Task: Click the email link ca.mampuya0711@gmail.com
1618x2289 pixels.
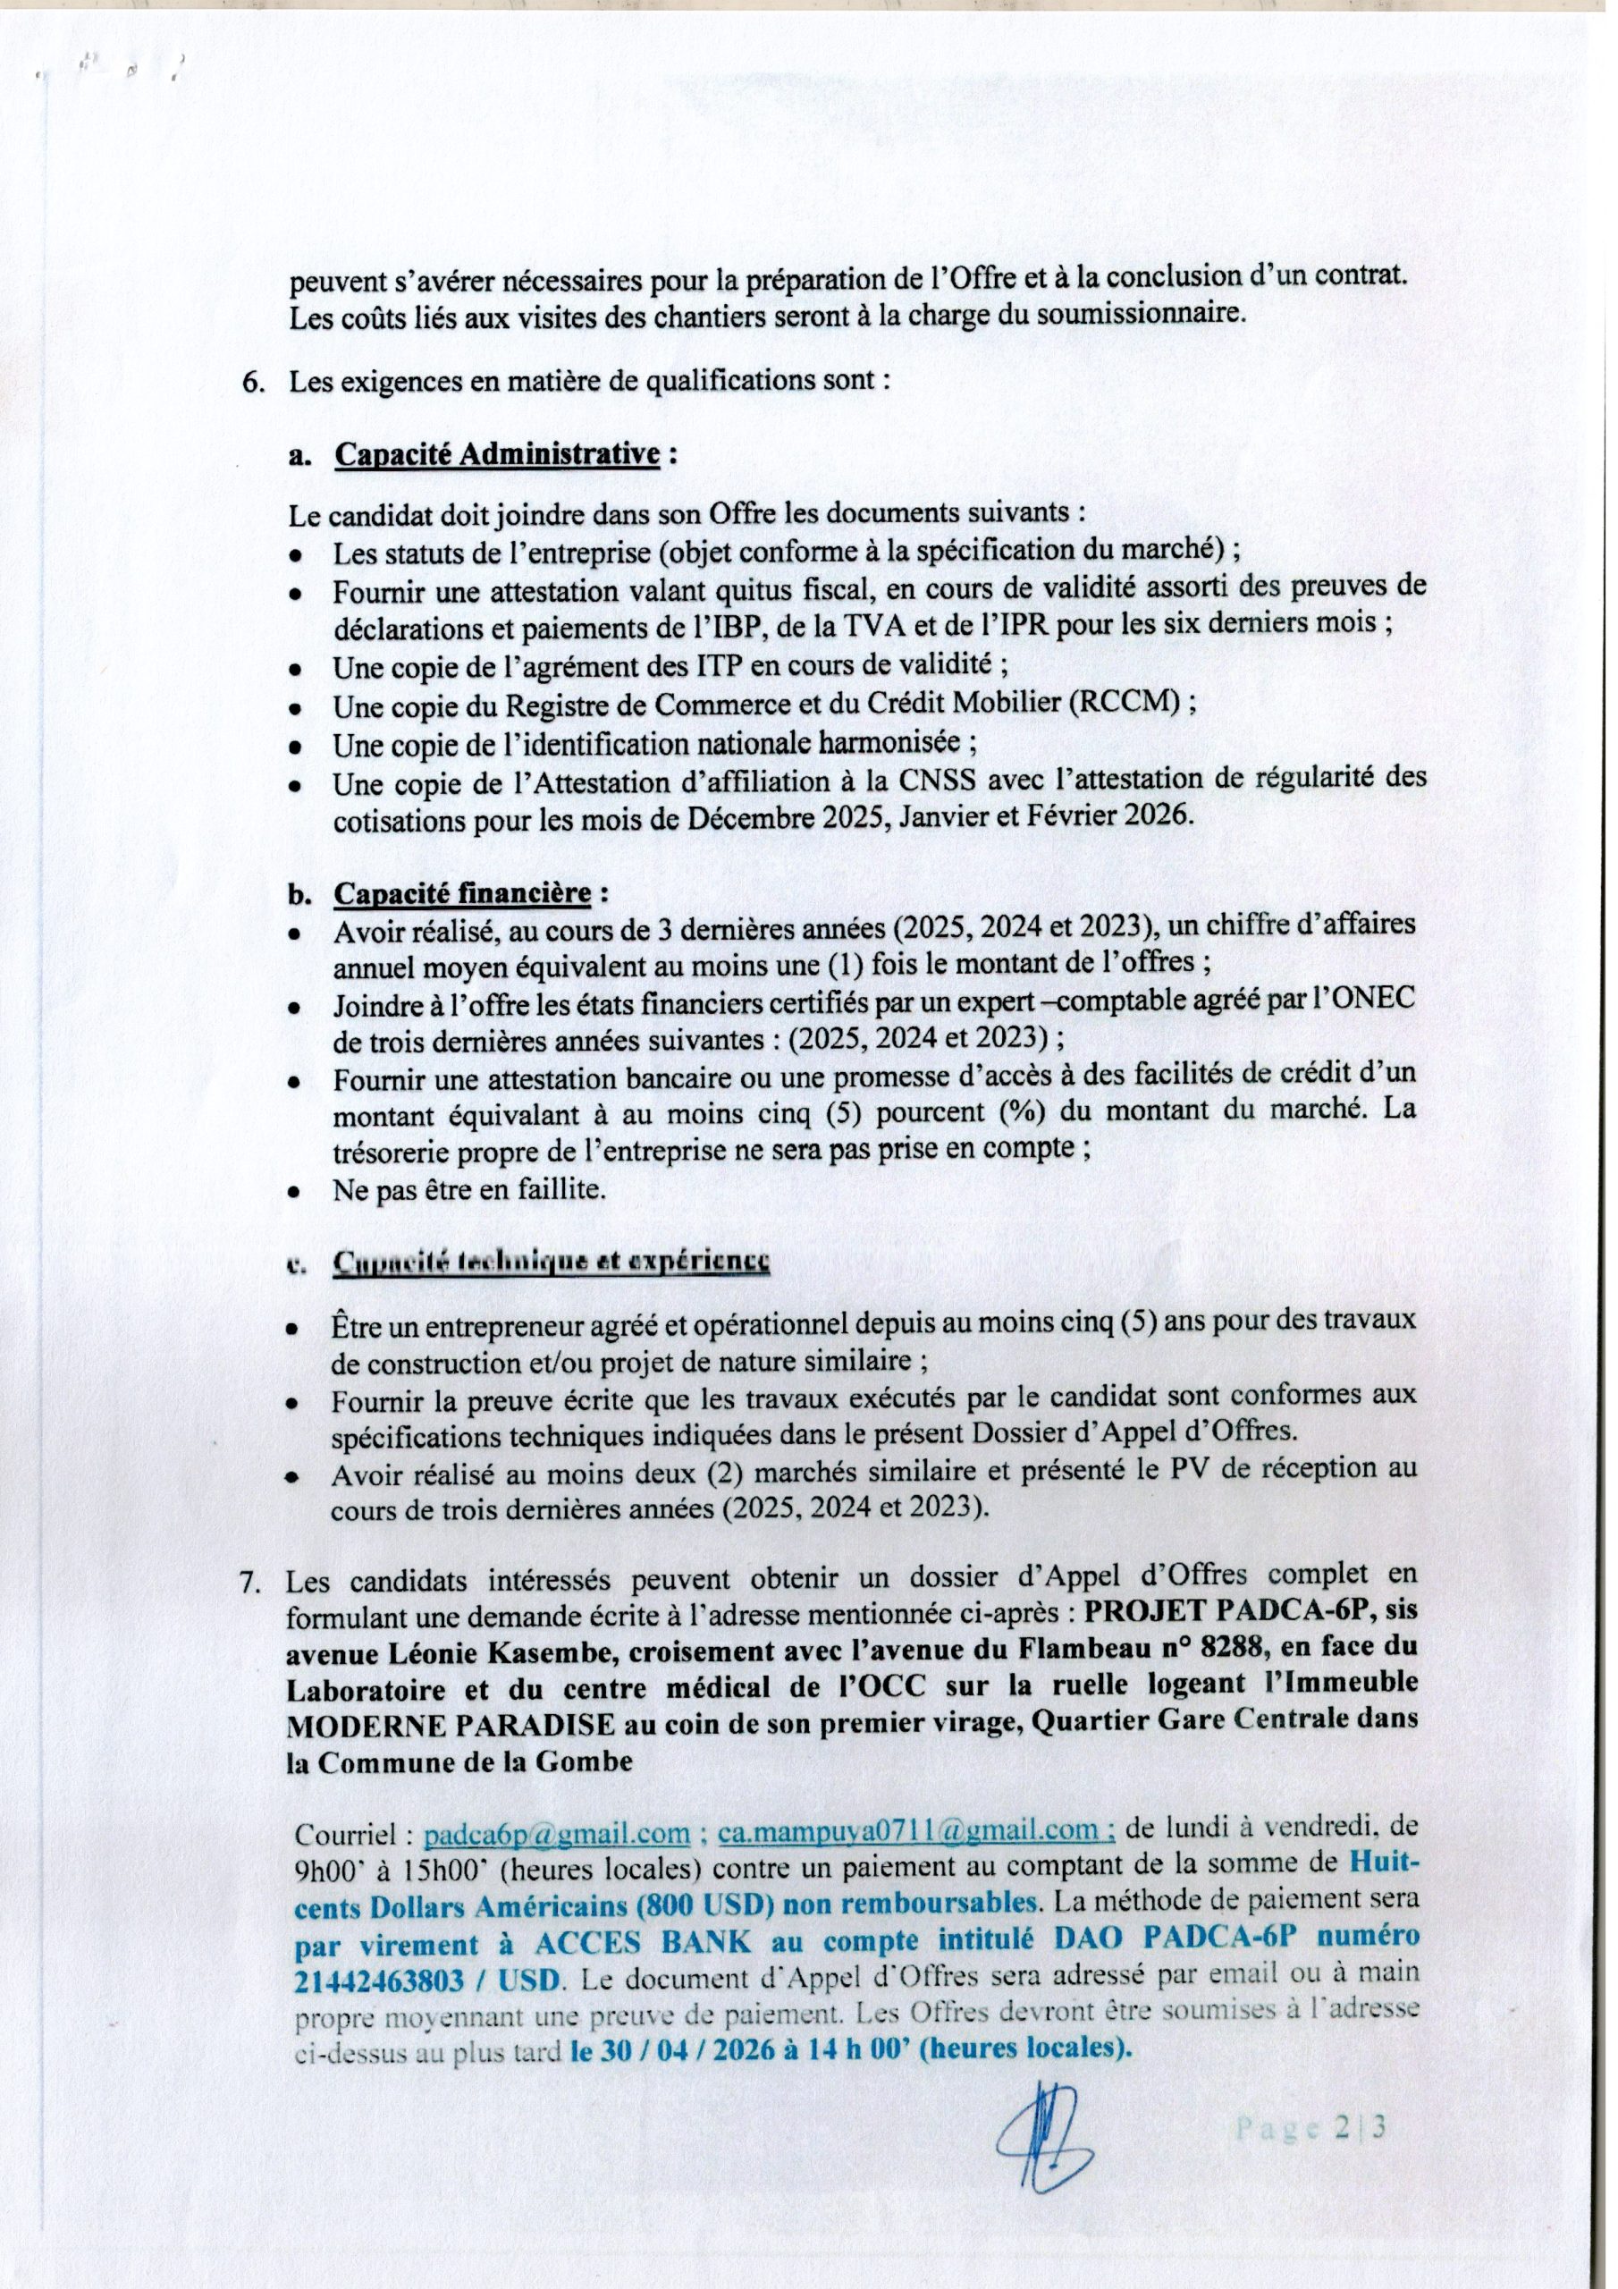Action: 916,1832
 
